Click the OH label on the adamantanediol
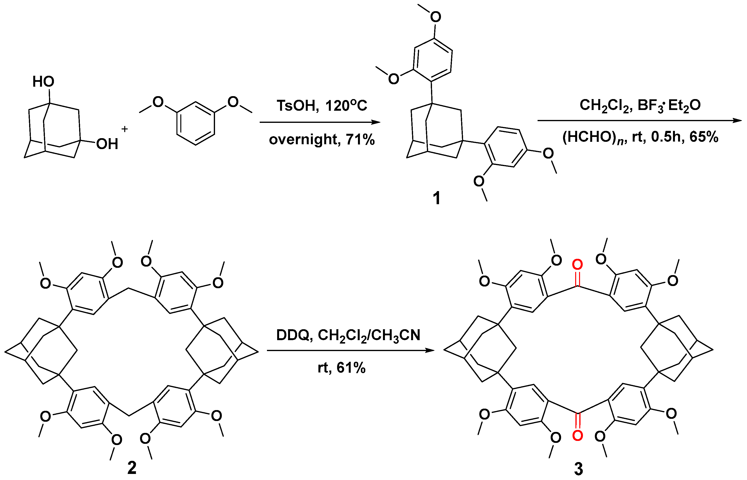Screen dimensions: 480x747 click(107, 144)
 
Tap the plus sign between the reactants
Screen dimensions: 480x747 click(124, 129)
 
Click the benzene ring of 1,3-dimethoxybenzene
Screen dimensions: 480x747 click(195, 123)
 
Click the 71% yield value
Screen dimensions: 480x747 click(360, 139)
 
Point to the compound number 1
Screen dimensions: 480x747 click(436, 198)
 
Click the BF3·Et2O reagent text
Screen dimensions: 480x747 click(669, 105)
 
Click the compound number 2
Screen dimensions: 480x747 click(132, 468)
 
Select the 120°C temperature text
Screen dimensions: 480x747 click(346, 106)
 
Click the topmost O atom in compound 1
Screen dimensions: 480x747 click(435, 17)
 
